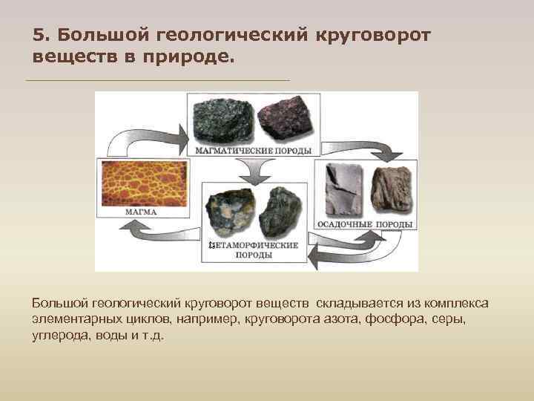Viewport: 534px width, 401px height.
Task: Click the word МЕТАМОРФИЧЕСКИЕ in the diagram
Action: pyautogui.click(x=256, y=245)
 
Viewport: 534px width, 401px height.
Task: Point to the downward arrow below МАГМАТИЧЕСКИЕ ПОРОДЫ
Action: pyautogui.click(x=256, y=172)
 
